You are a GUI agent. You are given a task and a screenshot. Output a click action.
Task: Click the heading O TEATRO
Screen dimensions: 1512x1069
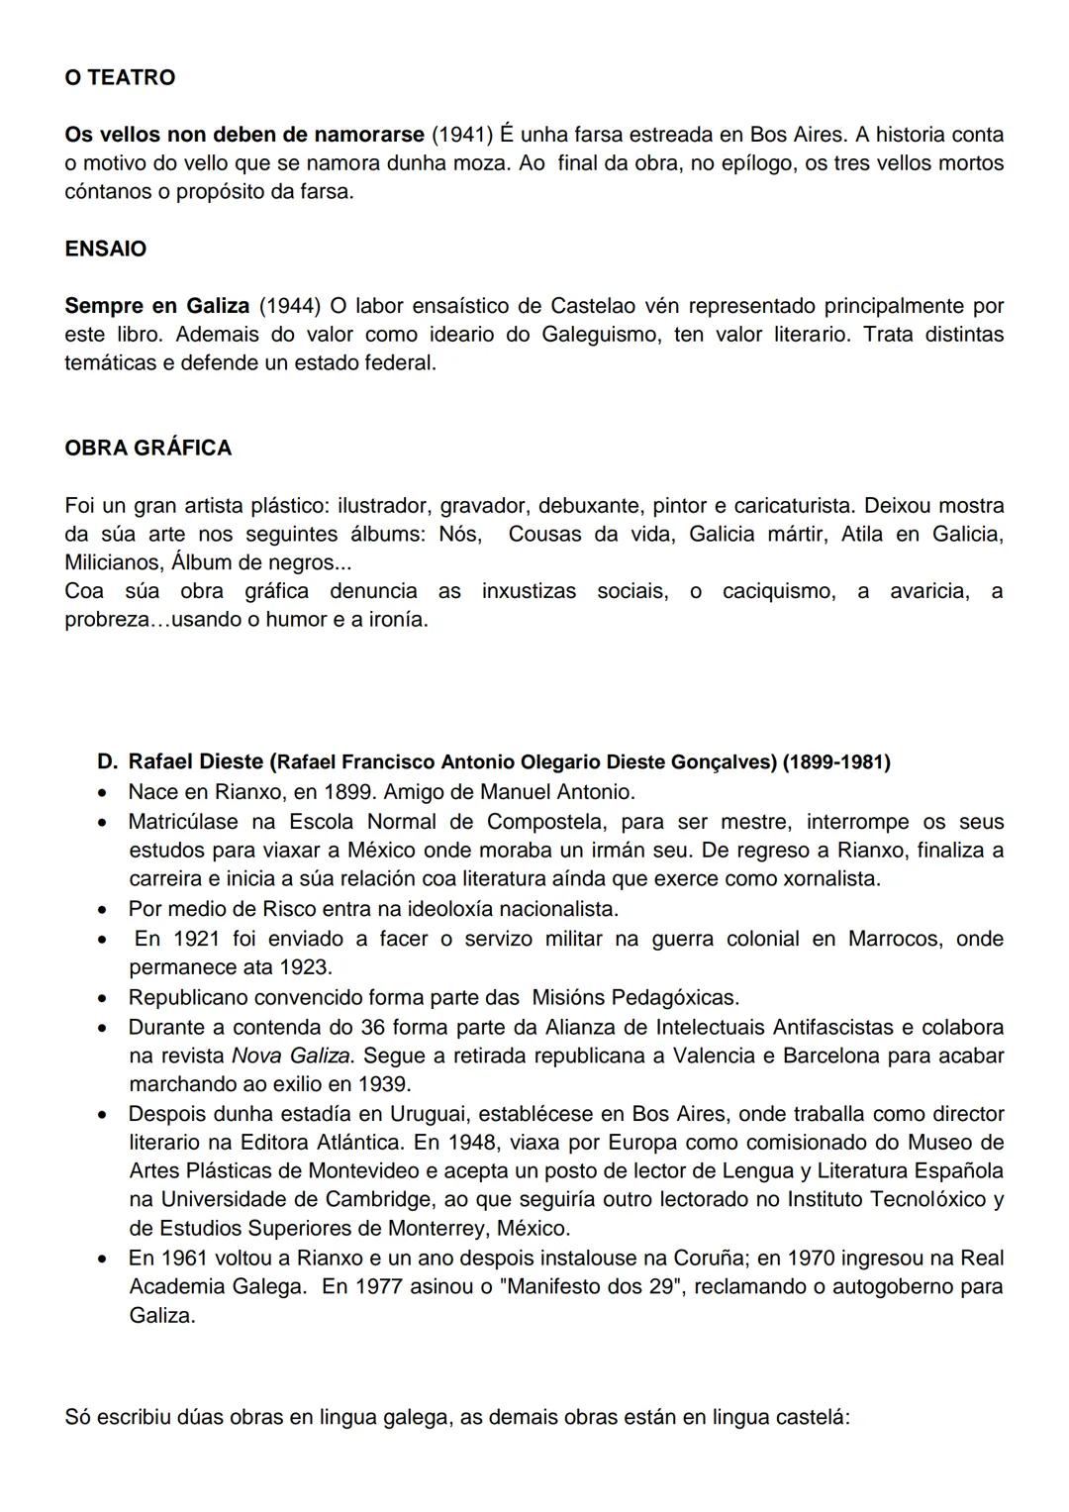[120, 77]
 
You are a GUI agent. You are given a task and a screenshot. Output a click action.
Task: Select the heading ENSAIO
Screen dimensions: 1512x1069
[105, 249]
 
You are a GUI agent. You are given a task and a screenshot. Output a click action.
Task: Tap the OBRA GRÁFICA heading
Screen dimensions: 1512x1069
[147, 448]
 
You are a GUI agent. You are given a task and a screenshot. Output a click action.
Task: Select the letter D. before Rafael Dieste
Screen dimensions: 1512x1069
[108, 762]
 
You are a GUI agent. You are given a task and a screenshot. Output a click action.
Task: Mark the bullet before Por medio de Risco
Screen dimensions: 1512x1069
[102, 909]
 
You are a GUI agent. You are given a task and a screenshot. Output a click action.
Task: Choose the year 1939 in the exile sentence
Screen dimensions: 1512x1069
[384, 1084]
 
